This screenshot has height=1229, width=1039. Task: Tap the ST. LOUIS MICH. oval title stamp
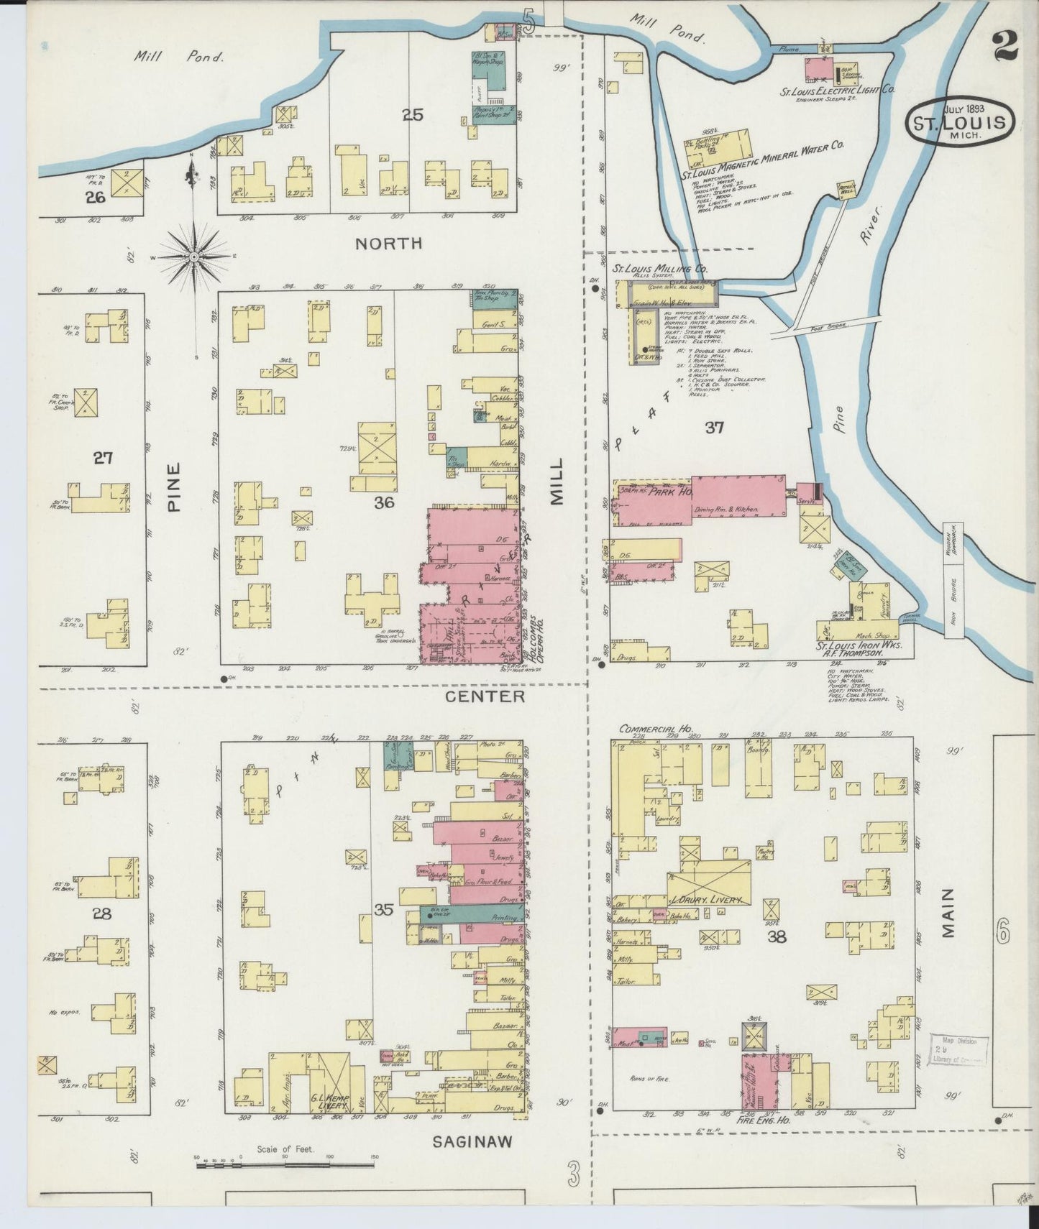point(959,123)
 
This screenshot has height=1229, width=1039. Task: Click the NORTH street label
point(389,244)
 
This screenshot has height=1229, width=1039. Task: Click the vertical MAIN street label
point(947,913)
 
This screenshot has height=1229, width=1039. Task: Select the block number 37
point(713,428)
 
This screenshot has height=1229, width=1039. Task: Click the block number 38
point(777,936)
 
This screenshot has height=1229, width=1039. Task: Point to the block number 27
point(103,457)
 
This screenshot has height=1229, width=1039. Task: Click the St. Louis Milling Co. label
point(659,268)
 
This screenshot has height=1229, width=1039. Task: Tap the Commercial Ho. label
point(655,729)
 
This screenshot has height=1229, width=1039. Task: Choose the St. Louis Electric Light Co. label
point(837,91)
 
